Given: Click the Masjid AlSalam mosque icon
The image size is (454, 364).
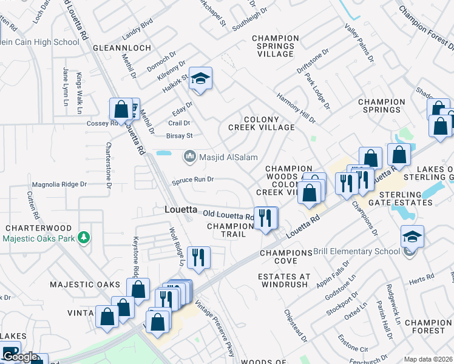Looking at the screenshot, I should tap(189, 157).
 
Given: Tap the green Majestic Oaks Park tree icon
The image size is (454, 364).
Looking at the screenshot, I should tap(87, 237).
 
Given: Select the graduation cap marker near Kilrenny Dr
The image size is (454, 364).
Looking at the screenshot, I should tap(200, 79).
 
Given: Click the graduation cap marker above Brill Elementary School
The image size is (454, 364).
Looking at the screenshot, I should tap(412, 237).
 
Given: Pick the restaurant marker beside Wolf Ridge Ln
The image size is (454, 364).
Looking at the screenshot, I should tap(198, 258).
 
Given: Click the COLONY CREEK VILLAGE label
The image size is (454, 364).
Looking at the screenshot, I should tap(261, 124).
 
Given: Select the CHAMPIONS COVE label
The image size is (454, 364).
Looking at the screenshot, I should tap(286, 257).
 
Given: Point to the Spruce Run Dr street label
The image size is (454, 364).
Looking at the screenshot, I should tap(193, 180).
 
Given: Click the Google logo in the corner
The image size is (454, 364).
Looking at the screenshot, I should tap(20, 357).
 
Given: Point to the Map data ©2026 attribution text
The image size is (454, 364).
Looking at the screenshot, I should tap(428, 359).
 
